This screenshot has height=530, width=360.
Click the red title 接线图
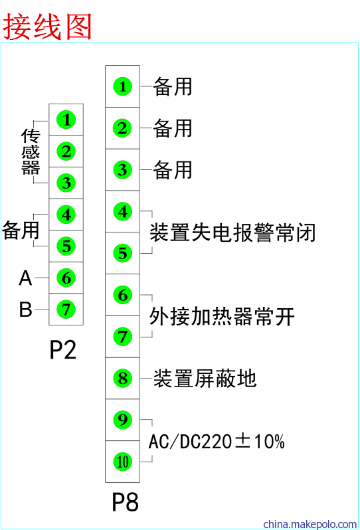pyautogui.click(x=48, y=27)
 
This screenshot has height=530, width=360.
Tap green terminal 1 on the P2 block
pyautogui.click(x=66, y=120)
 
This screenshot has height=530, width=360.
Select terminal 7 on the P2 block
pyautogui.click(x=66, y=309)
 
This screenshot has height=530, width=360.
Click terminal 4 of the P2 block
pyautogui.click(x=66, y=215)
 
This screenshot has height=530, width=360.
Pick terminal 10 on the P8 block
pyautogui.click(x=122, y=462)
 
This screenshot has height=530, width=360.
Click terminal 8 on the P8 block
pyautogui.click(x=122, y=378)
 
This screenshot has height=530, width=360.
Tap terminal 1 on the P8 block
pyautogui.click(x=122, y=86)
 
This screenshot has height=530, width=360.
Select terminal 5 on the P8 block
pyautogui.click(x=122, y=253)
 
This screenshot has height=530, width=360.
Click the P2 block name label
pyautogui.click(x=63, y=349)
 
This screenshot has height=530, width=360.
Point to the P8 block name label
pyautogui.click(x=125, y=501)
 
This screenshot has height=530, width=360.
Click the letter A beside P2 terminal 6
pyautogui.click(x=25, y=278)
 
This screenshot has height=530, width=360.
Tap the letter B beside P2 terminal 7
pyautogui.click(x=26, y=309)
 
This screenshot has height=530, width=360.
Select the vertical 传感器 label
pyautogui.click(x=31, y=152)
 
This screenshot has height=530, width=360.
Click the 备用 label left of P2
pyautogui.click(x=21, y=230)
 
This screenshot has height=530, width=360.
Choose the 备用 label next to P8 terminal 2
pyautogui.click(x=173, y=128)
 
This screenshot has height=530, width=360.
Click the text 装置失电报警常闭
pyautogui.click(x=232, y=232)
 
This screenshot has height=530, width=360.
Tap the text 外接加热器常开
pyautogui.click(x=222, y=316)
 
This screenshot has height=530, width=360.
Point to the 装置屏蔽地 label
pyautogui.click(x=205, y=378)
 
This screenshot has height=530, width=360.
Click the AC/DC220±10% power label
pyautogui.click(x=217, y=442)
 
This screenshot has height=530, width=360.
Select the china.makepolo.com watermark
pyautogui.click(x=310, y=524)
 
